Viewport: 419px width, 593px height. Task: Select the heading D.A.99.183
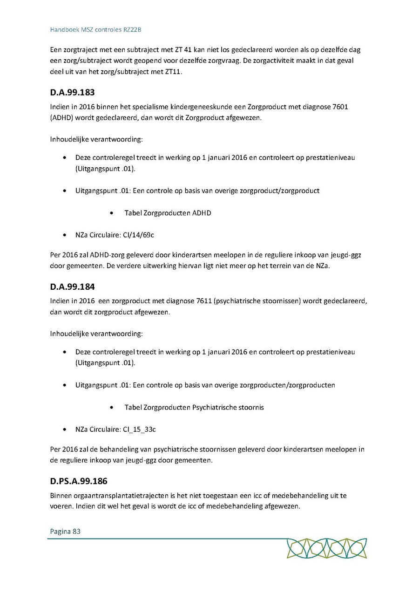pyautogui.click(x=72, y=93)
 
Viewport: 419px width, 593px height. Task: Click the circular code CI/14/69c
pyautogui.click(x=139, y=235)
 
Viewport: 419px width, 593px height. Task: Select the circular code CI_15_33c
pyautogui.click(x=140, y=429)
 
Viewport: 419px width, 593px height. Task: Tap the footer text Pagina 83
pyautogui.click(x=65, y=531)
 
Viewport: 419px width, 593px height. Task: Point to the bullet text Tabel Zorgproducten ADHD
pyautogui.click(x=168, y=213)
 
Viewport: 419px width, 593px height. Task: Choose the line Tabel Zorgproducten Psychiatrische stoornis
pyautogui.click(x=194, y=407)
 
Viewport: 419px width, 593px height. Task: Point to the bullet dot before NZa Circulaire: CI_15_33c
pyautogui.click(x=65, y=429)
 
